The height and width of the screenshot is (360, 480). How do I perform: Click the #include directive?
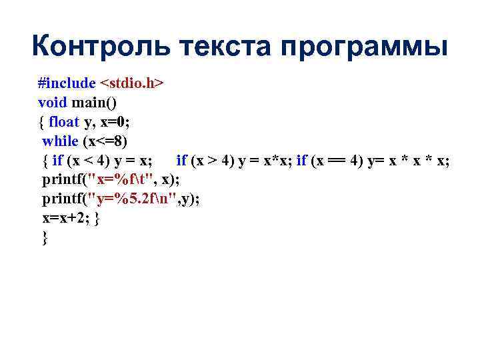coord(67,83)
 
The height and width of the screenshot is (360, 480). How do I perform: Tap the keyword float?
coord(64,122)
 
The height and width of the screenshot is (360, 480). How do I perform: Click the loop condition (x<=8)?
coord(105,141)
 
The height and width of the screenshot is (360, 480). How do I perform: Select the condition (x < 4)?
coord(89,161)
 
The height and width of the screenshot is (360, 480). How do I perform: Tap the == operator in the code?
coord(339,161)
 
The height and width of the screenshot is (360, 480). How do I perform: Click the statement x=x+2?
coord(67,219)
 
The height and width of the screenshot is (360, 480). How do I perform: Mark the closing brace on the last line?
coord(45,238)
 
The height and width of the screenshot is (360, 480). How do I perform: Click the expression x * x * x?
coord(417,161)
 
